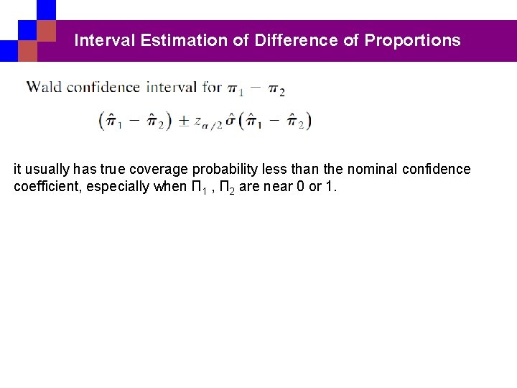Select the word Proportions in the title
pyautogui.click(x=412, y=40)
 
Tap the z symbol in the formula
pyautogui.click(x=198, y=121)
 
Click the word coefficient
pyautogui.click(x=45, y=187)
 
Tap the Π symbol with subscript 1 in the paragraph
pyautogui.click(x=190, y=187)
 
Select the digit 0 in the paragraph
pyautogui.click(x=298, y=187)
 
